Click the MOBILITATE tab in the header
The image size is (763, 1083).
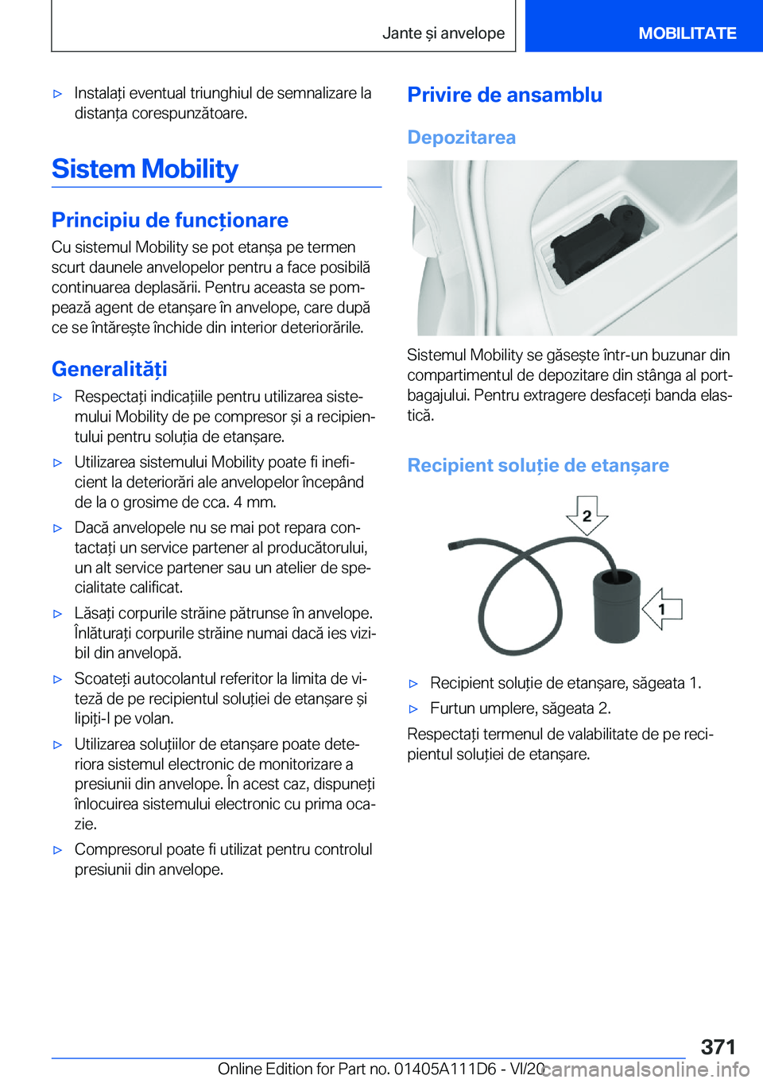click(687, 33)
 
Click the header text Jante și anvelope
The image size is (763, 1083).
click(443, 33)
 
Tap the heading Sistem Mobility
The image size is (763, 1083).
click(145, 169)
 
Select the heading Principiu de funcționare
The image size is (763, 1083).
click(169, 220)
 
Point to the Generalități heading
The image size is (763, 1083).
click(109, 369)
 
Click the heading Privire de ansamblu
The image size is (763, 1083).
click(504, 95)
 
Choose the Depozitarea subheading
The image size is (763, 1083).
click(461, 138)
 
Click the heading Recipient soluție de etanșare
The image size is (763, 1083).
click(537, 465)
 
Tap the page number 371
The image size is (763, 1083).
click(718, 1046)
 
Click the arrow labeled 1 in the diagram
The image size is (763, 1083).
click(661, 609)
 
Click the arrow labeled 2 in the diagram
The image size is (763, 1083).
click(587, 515)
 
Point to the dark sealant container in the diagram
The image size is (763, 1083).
click(616, 604)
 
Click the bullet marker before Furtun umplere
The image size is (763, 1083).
click(413, 708)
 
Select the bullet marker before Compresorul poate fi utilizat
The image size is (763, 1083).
click(57, 850)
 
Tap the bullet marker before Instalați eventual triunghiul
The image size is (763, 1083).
click(57, 94)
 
